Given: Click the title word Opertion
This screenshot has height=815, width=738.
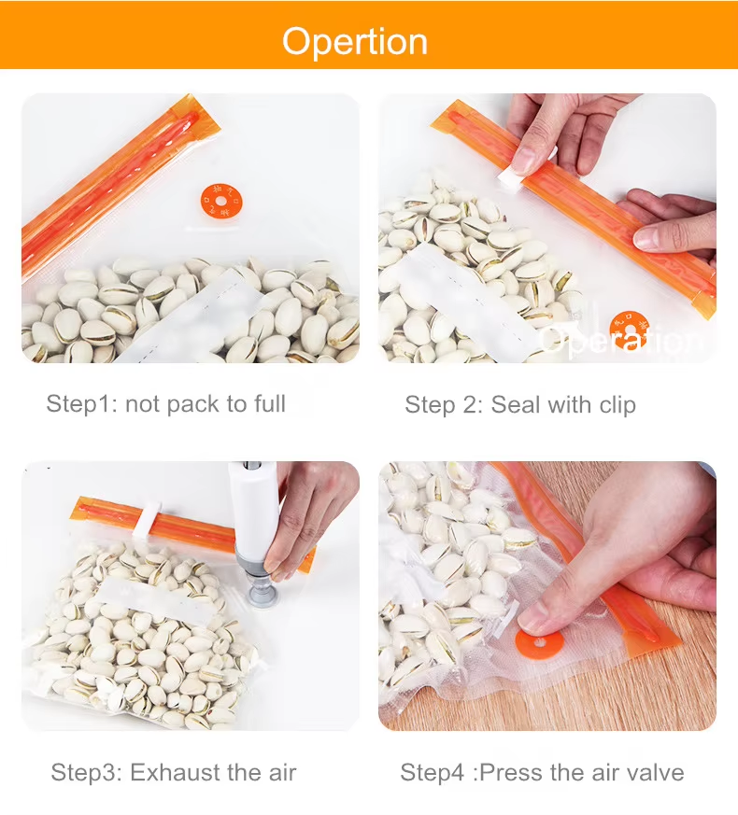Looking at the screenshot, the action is (x=355, y=42).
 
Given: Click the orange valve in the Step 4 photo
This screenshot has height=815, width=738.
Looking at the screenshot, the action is (x=540, y=643).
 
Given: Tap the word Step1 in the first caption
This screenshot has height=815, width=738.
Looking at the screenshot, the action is (x=78, y=404).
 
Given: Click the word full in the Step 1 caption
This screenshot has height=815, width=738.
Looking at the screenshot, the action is (x=269, y=403).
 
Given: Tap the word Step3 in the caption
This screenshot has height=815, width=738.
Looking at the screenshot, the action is (x=83, y=772).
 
